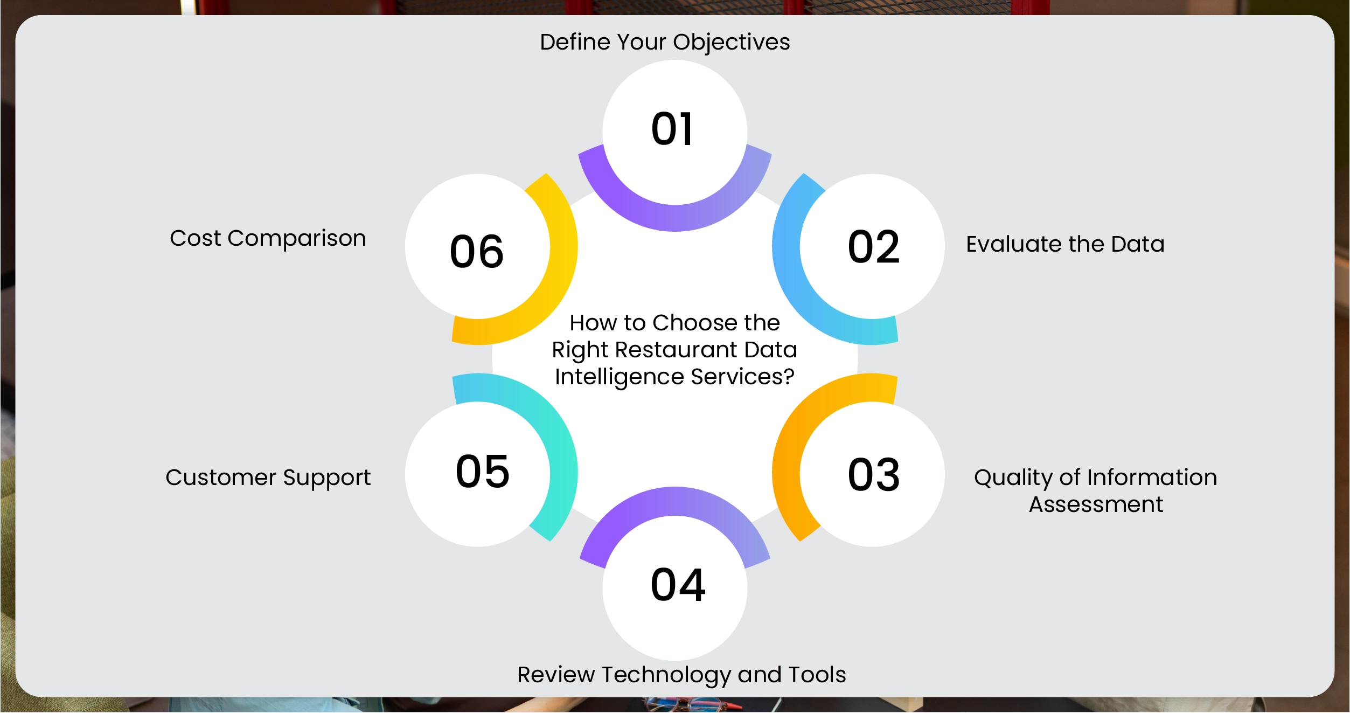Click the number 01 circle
point(674,132)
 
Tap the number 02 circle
point(872,246)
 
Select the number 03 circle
point(872,474)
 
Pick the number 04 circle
point(674,588)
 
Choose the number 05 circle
point(478,474)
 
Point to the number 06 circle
point(478,246)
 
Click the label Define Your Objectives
point(665,43)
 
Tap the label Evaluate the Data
point(1065,244)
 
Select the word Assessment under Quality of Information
point(1096,504)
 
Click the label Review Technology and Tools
point(681,675)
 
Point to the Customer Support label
point(268,478)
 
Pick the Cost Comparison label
point(268,239)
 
